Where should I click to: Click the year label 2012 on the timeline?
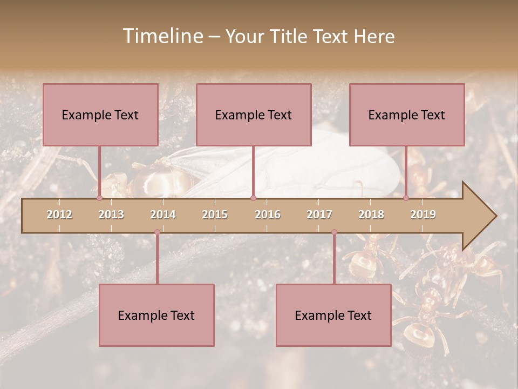59,214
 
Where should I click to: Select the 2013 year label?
111,214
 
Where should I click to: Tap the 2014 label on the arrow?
163,214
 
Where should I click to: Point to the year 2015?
215,214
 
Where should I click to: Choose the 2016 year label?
268,214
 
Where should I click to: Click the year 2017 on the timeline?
319,214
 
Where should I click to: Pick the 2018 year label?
371,214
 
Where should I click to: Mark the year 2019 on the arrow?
423,214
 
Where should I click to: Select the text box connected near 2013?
100,115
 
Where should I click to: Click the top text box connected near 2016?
254,115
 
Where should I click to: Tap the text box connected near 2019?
407,115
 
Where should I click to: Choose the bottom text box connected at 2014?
156,315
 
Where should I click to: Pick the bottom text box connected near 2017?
333,315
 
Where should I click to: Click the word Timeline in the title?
162,36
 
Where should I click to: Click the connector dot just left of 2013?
99,198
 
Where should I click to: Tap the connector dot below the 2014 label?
157,232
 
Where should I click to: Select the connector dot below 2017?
334,232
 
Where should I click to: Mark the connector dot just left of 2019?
406,198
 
